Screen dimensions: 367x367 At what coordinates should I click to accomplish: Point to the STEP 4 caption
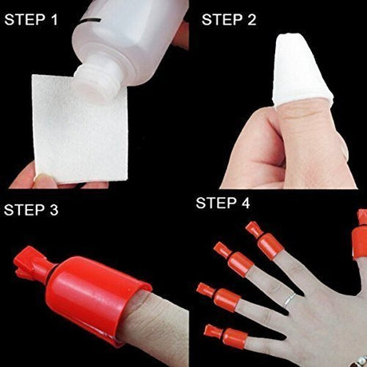coord(228,203)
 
